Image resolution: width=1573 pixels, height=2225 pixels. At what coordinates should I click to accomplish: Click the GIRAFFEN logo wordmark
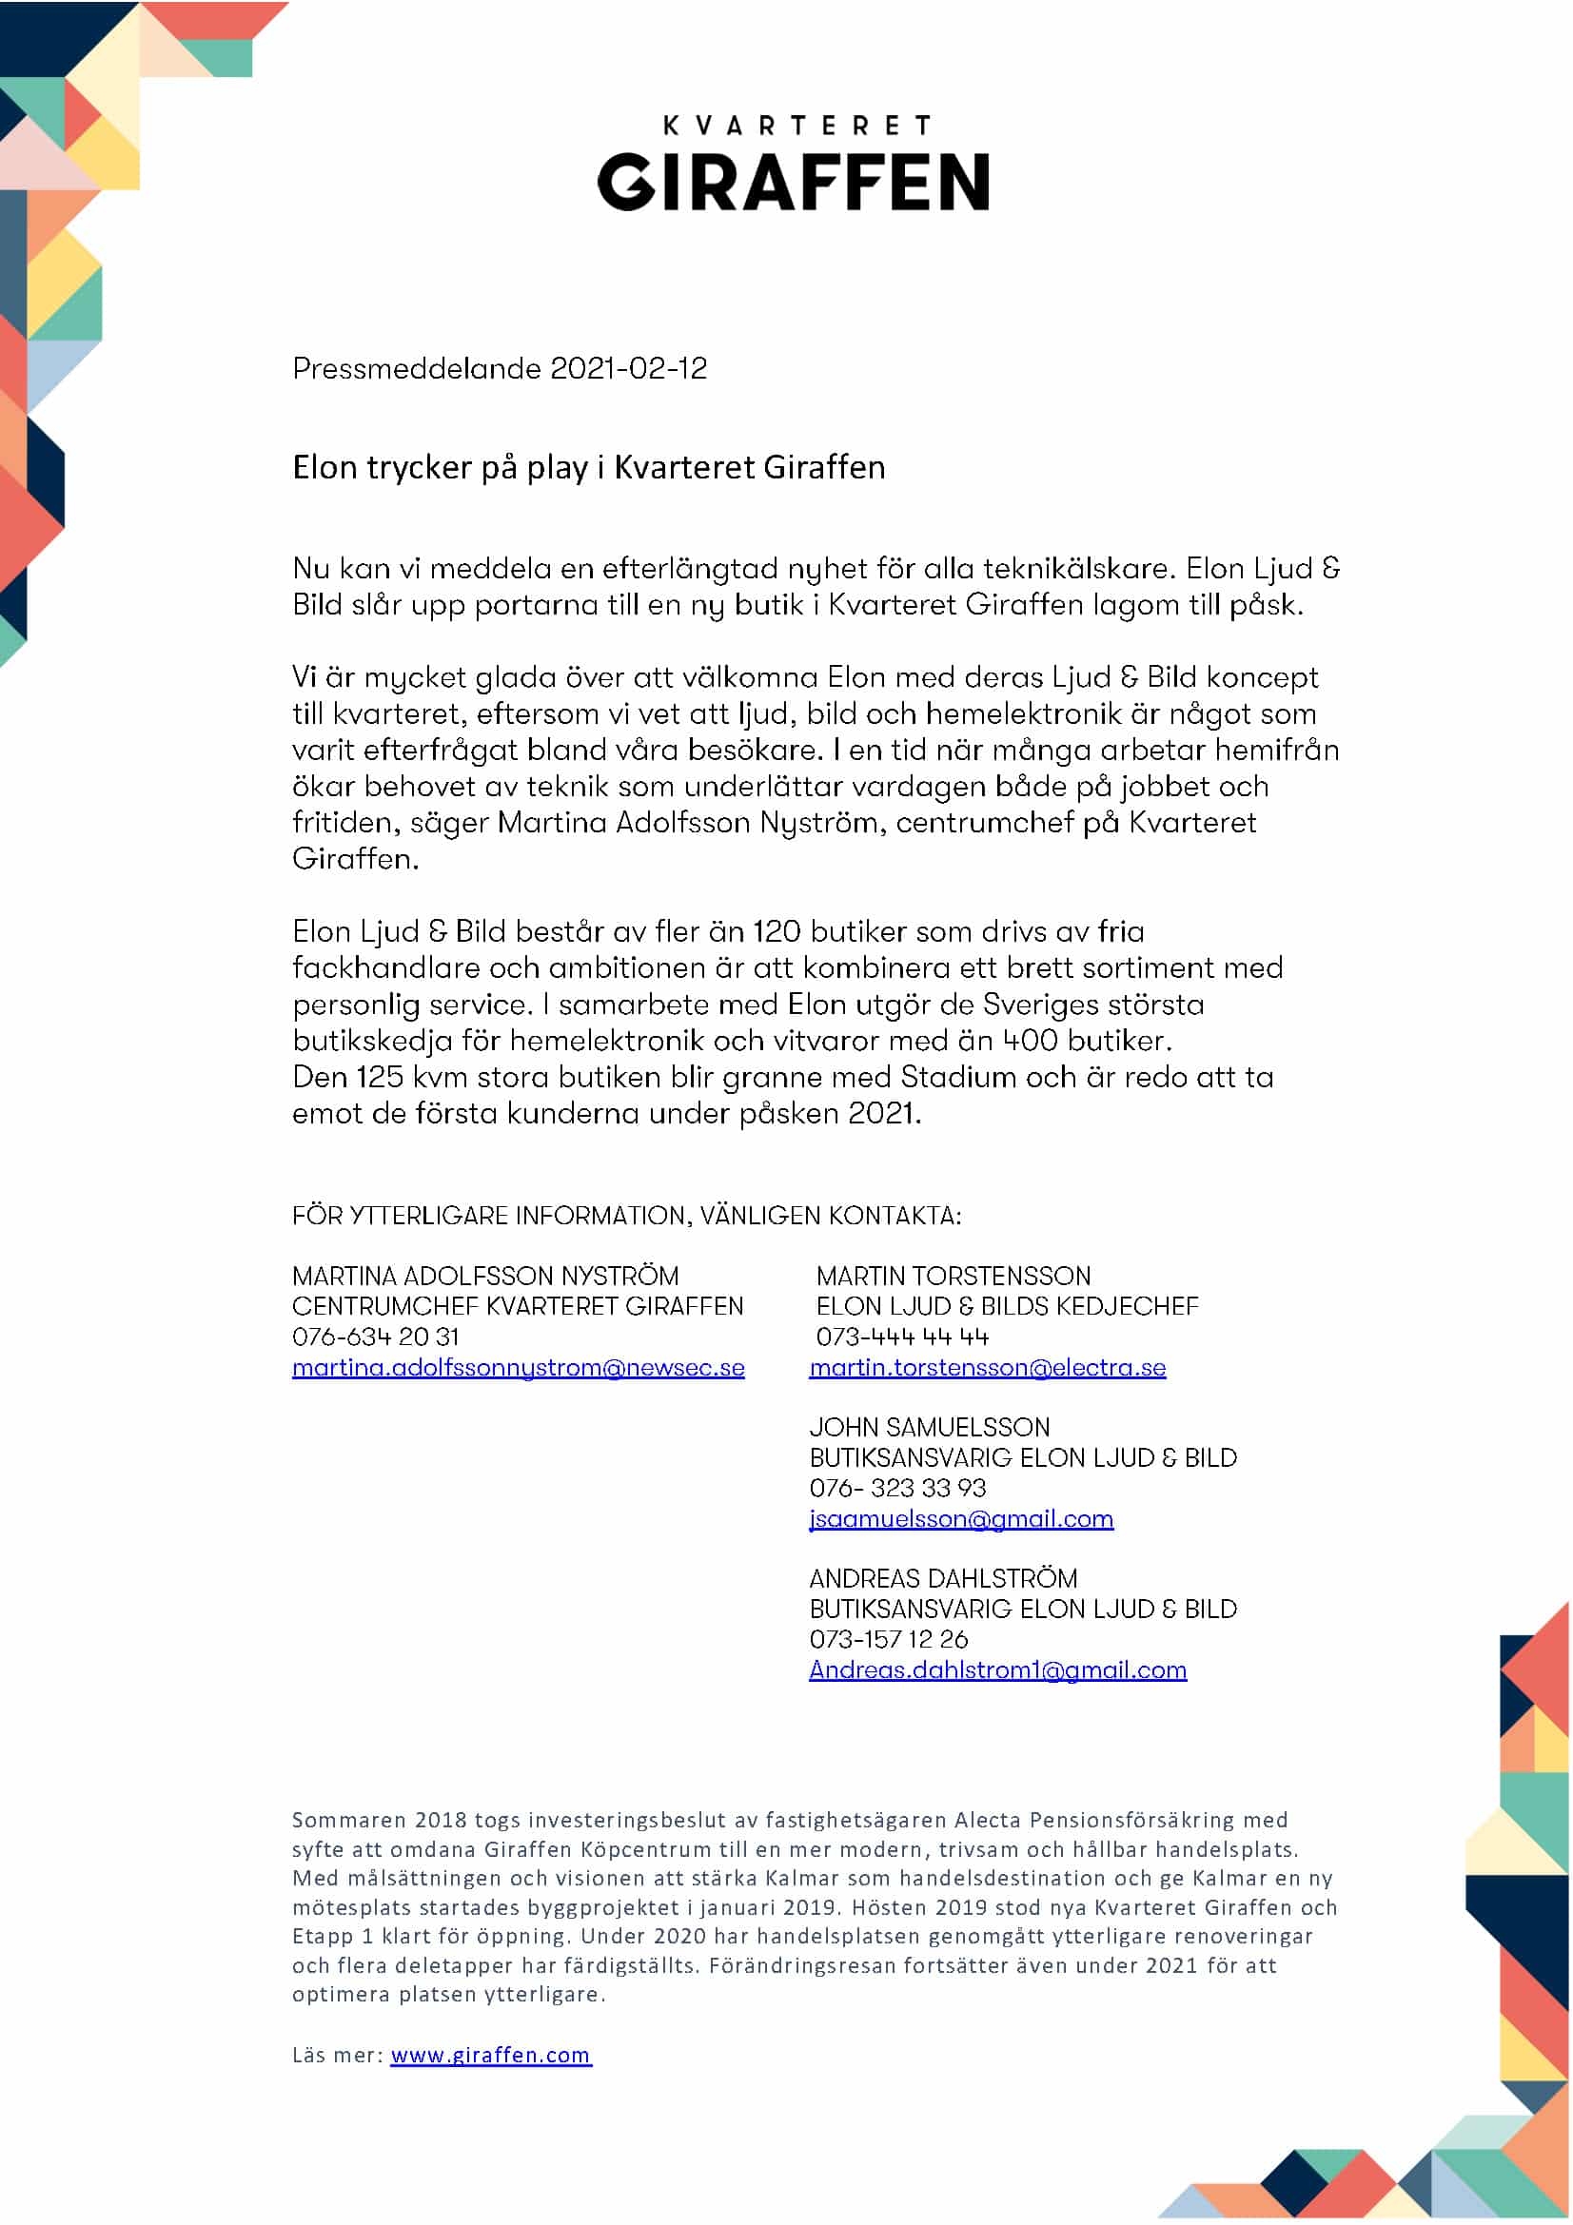click(x=793, y=182)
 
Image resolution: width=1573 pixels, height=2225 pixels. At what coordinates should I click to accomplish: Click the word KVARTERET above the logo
click(x=796, y=125)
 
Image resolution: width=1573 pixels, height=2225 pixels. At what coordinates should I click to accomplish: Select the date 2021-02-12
click(x=628, y=368)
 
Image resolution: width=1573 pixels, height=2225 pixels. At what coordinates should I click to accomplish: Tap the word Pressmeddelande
click(x=417, y=368)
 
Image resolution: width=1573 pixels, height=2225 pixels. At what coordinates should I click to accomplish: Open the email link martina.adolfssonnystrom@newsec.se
click(x=519, y=1367)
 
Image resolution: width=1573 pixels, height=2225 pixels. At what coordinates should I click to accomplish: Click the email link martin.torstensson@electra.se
click(x=988, y=1367)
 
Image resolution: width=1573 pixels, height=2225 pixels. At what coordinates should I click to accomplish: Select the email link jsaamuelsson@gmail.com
click(x=961, y=1518)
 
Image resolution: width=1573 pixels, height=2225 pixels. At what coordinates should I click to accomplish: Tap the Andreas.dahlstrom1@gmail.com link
click(x=997, y=1669)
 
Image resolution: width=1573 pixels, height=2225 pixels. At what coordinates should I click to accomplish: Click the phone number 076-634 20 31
click(x=375, y=1337)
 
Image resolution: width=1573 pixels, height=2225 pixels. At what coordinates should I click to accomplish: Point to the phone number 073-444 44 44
click(x=902, y=1337)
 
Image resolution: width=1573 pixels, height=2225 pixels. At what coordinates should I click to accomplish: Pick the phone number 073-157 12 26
click(x=889, y=1639)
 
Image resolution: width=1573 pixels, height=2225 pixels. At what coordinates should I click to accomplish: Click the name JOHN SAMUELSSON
click(x=930, y=1427)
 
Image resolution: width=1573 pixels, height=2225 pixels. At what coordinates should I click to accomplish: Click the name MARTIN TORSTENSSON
click(x=954, y=1276)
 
